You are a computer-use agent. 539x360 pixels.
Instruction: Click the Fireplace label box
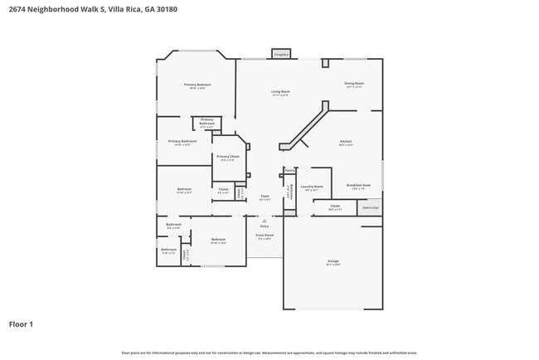click(x=281, y=54)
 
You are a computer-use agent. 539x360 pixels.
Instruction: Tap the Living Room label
click(x=280, y=92)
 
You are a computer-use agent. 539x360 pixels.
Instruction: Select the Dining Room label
click(x=354, y=84)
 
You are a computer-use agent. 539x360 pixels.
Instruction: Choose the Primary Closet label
click(x=228, y=157)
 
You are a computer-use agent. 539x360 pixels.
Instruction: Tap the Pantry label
click(x=289, y=171)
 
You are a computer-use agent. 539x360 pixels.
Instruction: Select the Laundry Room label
click(x=312, y=187)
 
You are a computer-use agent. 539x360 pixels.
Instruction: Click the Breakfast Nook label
click(x=358, y=186)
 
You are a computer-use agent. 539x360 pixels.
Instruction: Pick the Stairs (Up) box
click(x=371, y=207)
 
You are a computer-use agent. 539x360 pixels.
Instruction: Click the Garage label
click(x=333, y=261)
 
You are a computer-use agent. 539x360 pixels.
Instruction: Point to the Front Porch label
click(x=265, y=236)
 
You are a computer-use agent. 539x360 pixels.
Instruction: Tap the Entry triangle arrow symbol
click(x=265, y=221)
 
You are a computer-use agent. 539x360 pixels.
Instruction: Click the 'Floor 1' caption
click(x=21, y=324)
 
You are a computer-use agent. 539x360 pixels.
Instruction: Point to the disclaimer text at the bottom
click(x=269, y=353)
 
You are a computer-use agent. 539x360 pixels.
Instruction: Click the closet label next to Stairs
click(x=334, y=206)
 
